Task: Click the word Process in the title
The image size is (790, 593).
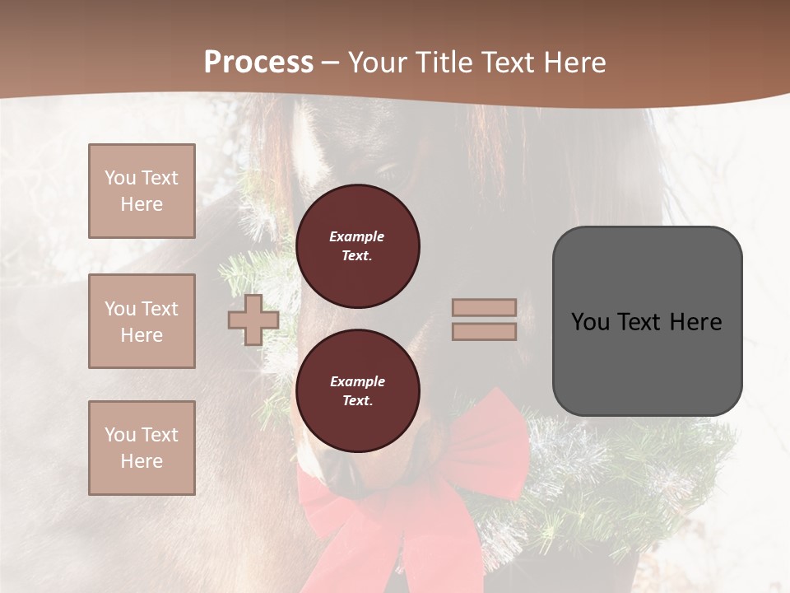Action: pyautogui.click(x=258, y=63)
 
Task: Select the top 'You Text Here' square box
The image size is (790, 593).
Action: pyautogui.click(x=142, y=191)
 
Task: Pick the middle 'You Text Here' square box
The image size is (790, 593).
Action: pyautogui.click(x=142, y=321)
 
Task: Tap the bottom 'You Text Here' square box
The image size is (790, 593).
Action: pyautogui.click(x=142, y=448)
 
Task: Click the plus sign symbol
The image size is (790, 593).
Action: pyautogui.click(x=253, y=320)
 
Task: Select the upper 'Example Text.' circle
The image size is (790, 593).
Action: pyautogui.click(x=357, y=246)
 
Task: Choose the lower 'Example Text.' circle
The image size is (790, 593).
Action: pyautogui.click(x=357, y=391)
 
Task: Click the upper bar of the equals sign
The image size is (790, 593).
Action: pyautogui.click(x=484, y=308)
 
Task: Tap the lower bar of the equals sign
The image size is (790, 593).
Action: pyautogui.click(x=484, y=332)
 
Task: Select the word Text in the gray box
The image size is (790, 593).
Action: pyautogui.click(x=641, y=322)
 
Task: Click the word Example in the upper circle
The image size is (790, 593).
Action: pyautogui.click(x=357, y=236)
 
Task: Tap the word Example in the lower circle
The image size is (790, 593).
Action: pyautogui.click(x=357, y=381)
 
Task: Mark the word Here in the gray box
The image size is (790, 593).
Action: pyautogui.click(x=696, y=322)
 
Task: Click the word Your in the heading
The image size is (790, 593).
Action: pyautogui.click(x=376, y=63)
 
